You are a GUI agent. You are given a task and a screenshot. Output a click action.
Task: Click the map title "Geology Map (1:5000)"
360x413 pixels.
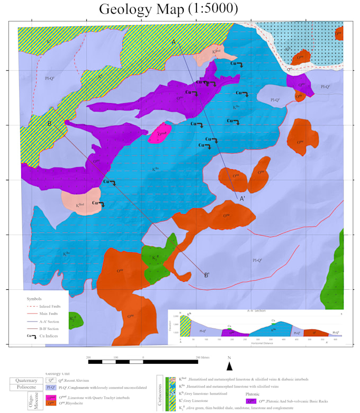168,9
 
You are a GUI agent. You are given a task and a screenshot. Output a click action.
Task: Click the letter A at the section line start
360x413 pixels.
173,42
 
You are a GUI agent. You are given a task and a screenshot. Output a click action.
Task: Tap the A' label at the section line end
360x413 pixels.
242,198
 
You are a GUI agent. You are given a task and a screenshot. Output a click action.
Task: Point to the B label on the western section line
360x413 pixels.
49,124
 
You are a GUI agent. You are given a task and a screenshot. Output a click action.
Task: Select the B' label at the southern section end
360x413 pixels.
207,274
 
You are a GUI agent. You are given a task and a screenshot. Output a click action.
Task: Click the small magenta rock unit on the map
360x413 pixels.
159,135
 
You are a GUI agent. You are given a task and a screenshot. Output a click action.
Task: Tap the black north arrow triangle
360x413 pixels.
229,367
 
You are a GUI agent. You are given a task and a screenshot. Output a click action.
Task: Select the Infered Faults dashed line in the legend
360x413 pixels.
32,306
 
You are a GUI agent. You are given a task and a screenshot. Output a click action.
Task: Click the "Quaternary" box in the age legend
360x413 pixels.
26,380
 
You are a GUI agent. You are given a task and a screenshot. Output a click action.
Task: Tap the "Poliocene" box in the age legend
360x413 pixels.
26,388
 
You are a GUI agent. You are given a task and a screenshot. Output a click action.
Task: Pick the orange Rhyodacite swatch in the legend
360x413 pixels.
51,404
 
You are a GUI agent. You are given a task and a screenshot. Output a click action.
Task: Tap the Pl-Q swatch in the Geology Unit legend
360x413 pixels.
51,388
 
